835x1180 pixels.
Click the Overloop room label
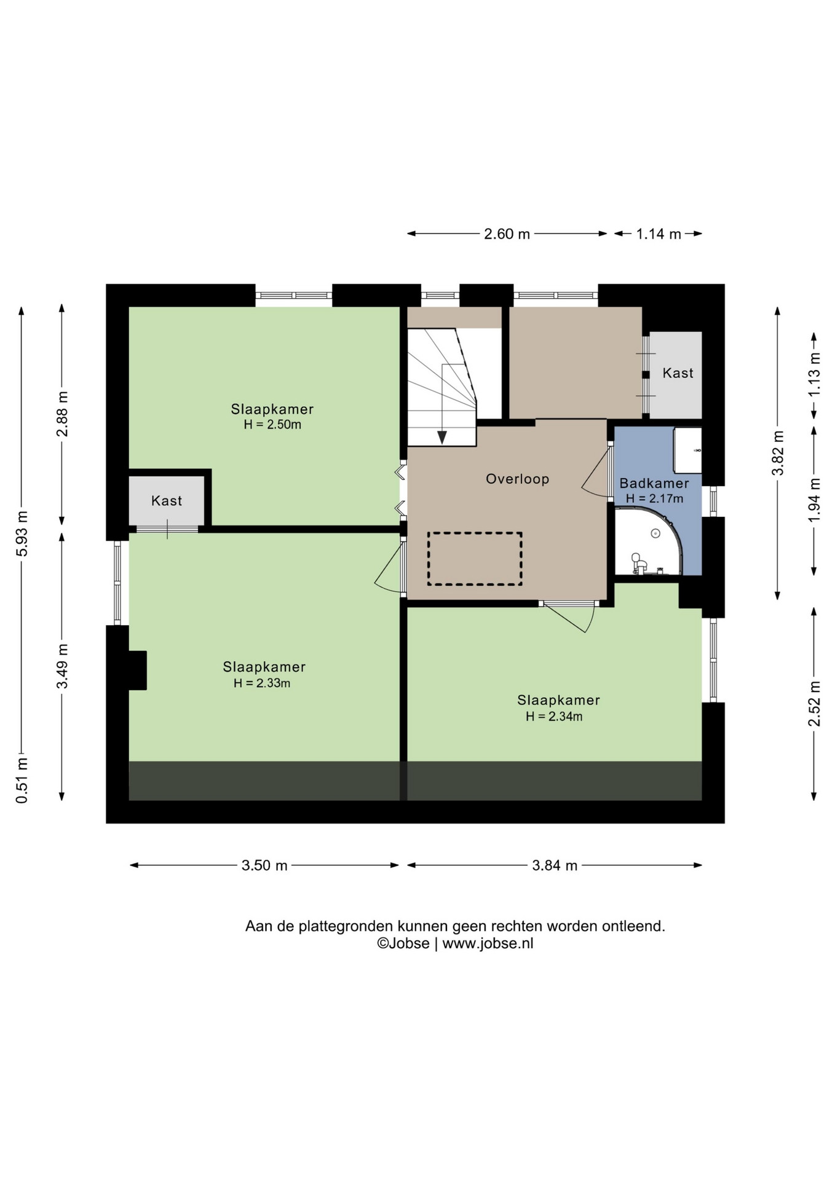tap(517, 479)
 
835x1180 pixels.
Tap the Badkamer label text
tap(654, 483)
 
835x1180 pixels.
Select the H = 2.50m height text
tap(272, 425)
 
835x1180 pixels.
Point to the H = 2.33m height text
tap(262, 683)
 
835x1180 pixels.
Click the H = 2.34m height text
tap(554, 716)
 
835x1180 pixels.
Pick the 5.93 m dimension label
tap(22, 533)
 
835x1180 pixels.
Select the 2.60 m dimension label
tap(507, 234)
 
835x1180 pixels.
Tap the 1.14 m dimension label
tap(659, 234)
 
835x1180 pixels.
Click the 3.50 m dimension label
tap(264, 865)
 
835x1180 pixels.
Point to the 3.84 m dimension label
tap(555, 865)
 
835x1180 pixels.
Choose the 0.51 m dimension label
tap(22, 781)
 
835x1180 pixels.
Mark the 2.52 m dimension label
tap(814, 703)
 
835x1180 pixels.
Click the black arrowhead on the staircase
tap(442, 437)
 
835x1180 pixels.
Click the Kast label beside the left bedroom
tap(167, 501)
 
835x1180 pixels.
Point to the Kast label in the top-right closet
tap(678, 373)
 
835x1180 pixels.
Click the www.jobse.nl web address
tap(488, 943)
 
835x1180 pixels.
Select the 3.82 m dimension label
tap(778, 453)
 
